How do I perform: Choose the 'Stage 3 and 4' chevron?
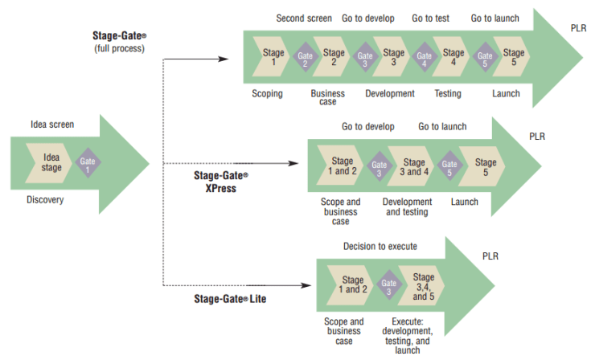413,166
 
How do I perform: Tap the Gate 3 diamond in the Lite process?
388,285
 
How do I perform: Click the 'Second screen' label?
303,18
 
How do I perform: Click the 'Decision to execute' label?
380,246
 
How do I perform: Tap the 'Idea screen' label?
52,125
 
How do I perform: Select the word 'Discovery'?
45,199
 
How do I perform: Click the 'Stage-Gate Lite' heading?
230,299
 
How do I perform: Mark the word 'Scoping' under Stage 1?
267,93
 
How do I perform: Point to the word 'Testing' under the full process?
448,93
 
